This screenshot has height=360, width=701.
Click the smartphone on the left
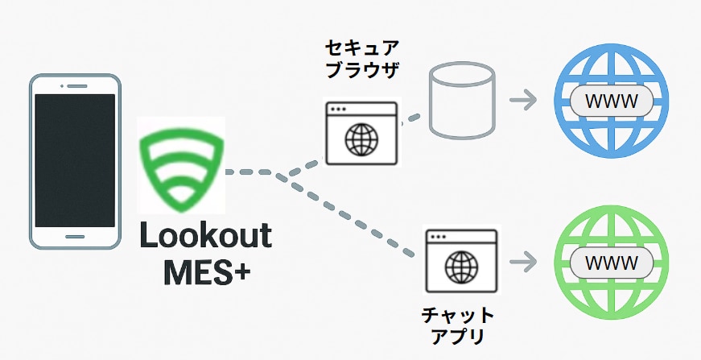click(74, 161)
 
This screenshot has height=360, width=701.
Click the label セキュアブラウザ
click(361, 59)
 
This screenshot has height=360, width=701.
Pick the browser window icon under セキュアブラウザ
click(362, 133)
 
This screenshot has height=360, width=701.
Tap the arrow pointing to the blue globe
click(524, 101)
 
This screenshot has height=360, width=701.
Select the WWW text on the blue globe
click(609, 101)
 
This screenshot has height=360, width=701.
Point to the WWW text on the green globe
click(609, 263)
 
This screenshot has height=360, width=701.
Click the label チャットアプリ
click(458, 325)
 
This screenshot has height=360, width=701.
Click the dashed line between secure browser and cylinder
click(411, 119)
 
